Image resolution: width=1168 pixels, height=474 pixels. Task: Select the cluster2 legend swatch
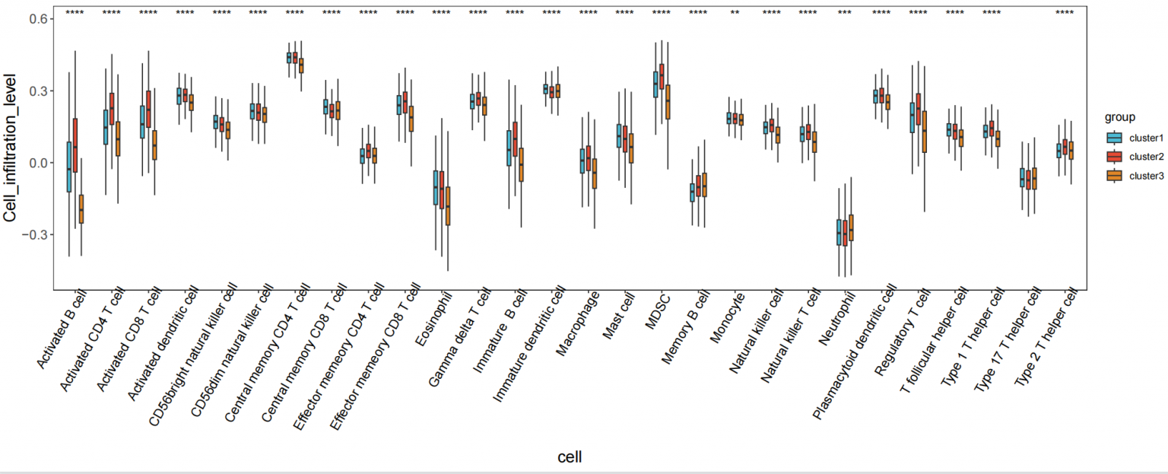[x=1114, y=157]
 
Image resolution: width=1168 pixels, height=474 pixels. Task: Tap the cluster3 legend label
[x=1147, y=177]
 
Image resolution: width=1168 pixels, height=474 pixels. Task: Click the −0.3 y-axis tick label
[x=34, y=235]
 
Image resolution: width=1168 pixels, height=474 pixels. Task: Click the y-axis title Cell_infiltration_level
[x=10, y=148]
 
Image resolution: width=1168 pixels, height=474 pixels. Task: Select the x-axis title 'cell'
[x=570, y=457]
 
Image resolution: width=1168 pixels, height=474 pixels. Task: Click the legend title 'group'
[x=1119, y=117]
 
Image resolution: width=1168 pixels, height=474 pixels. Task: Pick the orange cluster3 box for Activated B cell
[x=81, y=209]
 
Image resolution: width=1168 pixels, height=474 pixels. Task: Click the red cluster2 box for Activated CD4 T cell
[x=112, y=109]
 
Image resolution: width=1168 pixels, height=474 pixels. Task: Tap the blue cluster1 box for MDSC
[x=655, y=84]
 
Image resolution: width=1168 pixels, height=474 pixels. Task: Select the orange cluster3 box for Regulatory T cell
[x=925, y=132]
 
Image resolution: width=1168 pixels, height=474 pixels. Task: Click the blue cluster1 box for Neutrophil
[x=839, y=232]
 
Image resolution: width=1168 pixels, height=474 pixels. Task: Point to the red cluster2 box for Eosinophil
[x=442, y=189]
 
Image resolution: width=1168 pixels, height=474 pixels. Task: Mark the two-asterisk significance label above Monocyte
[x=735, y=12]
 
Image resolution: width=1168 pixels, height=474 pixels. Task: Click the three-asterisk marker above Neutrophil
[x=845, y=12]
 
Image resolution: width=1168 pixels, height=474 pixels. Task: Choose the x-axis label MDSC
[x=658, y=310]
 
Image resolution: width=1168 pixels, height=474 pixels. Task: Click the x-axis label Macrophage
[x=578, y=323]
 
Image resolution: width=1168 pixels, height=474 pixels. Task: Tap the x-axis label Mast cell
[x=619, y=316]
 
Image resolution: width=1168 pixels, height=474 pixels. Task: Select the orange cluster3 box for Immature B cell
[x=521, y=165]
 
